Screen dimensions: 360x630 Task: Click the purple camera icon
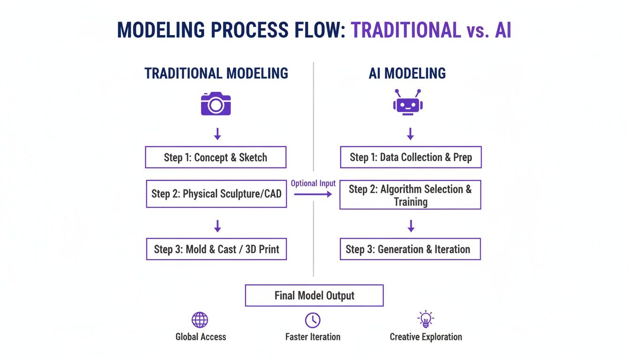click(216, 104)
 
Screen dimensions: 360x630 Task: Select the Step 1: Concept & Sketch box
click(216, 157)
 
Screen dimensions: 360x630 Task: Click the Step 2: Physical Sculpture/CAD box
click(216, 194)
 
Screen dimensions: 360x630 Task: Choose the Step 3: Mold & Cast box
click(216, 249)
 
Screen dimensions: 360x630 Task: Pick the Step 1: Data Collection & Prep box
click(411, 157)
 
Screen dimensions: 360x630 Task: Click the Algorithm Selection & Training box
click(410, 195)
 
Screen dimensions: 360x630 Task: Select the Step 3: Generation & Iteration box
click(410, 249)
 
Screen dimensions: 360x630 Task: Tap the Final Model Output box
click(314, 296)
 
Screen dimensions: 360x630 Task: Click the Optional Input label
click(313, 183)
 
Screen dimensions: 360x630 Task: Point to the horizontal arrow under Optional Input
click(313, 194)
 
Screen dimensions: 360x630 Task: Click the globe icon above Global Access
click(200, 320)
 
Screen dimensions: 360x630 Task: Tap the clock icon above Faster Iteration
click(313, 320)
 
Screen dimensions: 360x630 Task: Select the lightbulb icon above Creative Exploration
click(426, 319)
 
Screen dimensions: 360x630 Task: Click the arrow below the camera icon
click(217, 134)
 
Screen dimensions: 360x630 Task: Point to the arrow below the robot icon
click(410, 134)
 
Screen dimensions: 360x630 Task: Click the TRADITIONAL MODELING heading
click(216, 74)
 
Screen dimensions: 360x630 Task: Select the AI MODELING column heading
click(407, 74)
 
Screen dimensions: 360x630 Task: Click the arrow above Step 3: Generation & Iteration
click(411, 226)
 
